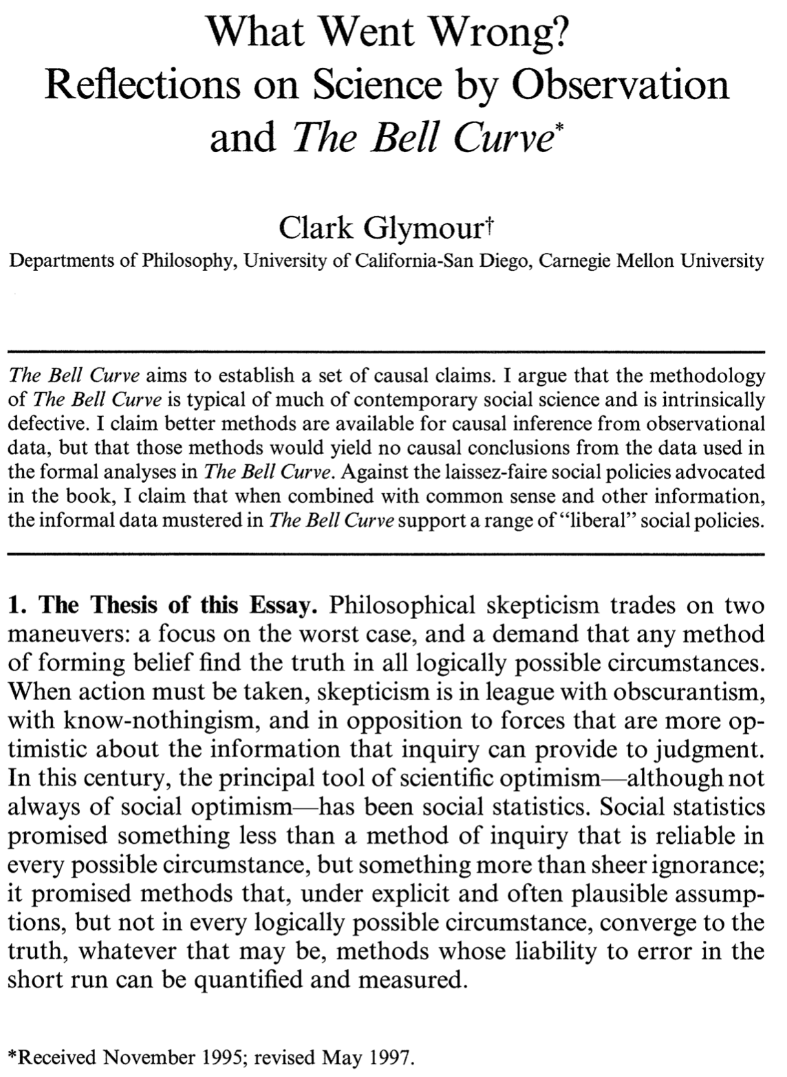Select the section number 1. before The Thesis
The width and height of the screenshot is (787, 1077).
coord(16,605)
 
